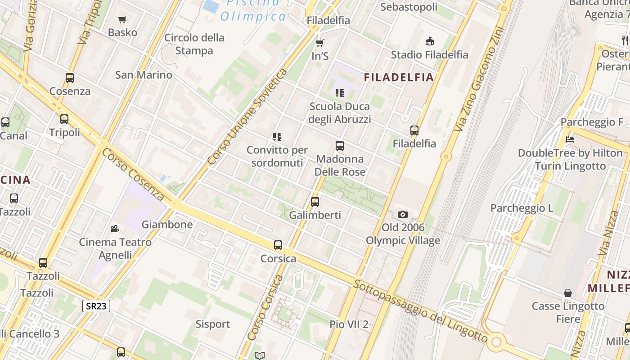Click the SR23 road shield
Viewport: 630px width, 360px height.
[96, 306]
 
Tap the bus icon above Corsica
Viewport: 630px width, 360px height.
[278, 245]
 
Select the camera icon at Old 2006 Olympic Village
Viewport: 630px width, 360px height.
[403, 214]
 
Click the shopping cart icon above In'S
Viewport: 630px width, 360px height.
[320, 43]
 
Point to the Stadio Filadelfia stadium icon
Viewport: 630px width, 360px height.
[430, 41]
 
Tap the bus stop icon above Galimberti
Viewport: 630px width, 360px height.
[315, 202]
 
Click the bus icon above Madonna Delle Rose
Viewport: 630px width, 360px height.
[340, 146]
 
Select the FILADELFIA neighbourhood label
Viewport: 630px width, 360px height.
[399, 77]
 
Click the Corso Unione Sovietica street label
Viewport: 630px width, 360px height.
[247, 117]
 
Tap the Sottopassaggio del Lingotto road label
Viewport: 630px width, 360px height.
[420, 310]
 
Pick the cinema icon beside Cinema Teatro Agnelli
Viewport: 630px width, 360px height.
[115, 229]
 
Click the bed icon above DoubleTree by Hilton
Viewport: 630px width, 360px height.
[570, 139]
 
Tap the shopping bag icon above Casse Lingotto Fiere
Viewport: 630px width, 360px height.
[568, 293]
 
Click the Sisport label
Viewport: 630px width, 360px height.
[212, 324]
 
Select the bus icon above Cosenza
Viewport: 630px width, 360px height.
[70, 77]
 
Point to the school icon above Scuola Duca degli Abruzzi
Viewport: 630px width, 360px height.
[340, 93]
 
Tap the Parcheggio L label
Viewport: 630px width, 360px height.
[522, 208]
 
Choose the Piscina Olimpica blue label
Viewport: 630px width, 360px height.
[253, 11]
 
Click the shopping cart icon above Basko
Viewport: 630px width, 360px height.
[122, 19]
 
